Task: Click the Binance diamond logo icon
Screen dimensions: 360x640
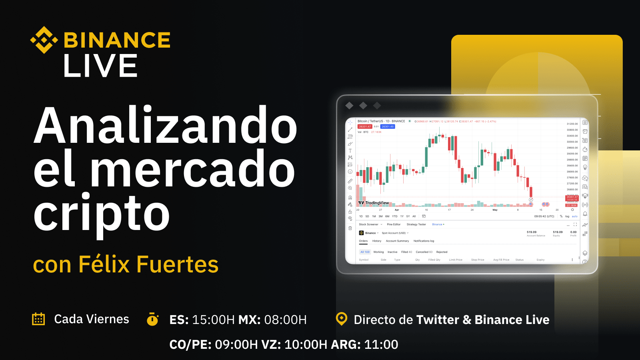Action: [x=44, y=40]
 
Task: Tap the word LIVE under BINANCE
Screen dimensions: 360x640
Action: [x=100, y=66]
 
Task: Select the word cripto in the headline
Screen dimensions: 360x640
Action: [x=102, y=214]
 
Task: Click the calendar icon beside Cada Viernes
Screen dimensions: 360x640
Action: [x=38, y=319]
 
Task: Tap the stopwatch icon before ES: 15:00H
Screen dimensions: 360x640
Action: [x=152, y=319]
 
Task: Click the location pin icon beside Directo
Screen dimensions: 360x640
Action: [x=342, y=319]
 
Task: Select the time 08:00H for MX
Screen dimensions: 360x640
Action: [x=285, y=320]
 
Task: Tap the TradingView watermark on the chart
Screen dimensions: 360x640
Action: [x=374, y=203]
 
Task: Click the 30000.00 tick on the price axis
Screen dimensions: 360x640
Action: [x=572, y=142]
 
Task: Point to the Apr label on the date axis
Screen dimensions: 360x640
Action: [x=397, y=210]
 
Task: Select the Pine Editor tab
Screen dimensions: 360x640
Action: [x=394, y=224]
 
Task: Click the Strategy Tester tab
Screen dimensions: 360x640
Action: [x=416, y=224]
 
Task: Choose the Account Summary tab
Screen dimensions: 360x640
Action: [x=397, y=241]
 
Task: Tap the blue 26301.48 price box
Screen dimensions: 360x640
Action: [x=388, y=126]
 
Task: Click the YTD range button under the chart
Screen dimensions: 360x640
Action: [x=394, y=216]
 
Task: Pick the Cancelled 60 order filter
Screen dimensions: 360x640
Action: [x=424, y=252]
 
